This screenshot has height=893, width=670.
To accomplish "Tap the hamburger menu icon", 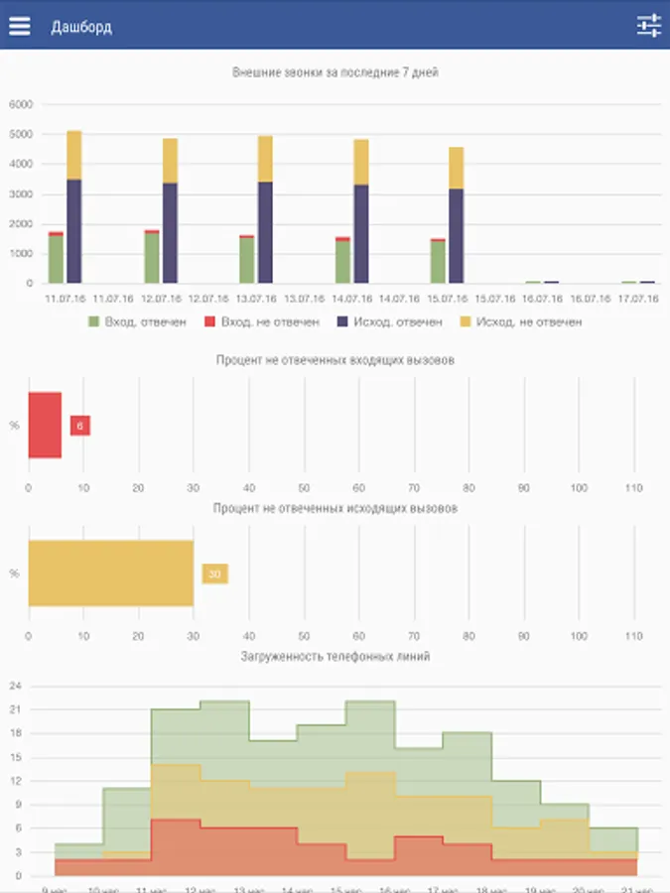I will click(20, 27).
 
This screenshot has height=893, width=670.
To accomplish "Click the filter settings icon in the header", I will click(649, 27).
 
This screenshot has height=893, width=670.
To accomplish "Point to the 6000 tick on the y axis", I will click(21, 104).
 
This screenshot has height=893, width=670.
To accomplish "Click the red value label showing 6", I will click(80, 426).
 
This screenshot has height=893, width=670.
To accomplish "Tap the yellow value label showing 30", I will click(214, 574).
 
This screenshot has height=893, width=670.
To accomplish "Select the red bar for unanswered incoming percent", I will click(45, 425).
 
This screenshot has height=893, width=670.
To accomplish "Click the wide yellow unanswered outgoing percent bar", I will click(110, 573).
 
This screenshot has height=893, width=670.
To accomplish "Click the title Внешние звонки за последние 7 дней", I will click(335, 72).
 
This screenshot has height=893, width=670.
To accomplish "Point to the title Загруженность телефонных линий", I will click(335, 656).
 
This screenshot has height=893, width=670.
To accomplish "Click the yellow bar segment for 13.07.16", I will click(265, 159).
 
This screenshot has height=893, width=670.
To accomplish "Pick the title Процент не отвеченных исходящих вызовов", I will click(335, 508).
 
